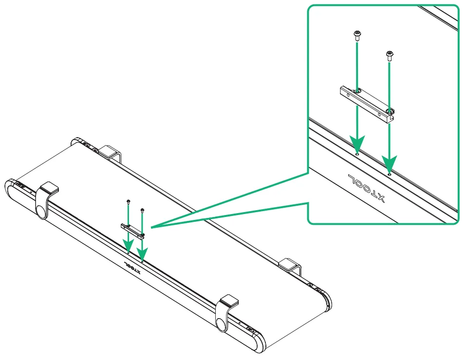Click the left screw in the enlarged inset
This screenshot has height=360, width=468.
pyautogui.click(x=357, y=35)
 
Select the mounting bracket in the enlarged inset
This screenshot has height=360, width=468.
pyautogui.click(x=366, y=103)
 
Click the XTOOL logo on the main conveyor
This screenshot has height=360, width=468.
pyautogui.click(x=131, y=268)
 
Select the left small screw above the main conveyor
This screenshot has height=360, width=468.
pyautogui.click(x=128, y=202)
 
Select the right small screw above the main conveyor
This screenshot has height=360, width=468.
pyautogui.click(x=142, y=211)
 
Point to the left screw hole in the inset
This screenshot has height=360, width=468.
pyautogui.click(x=357, y=154)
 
